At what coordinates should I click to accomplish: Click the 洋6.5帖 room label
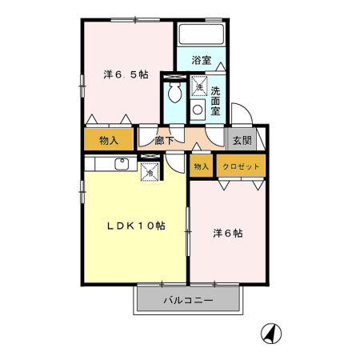click(x=126, y=74)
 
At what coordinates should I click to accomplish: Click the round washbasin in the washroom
click(x=196, y=110)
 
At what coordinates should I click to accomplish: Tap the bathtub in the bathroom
click(x=200, y=34)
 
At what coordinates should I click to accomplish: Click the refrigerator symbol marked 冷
click(x=149, y=170)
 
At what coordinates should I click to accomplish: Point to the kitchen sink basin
click(x=122, y=164)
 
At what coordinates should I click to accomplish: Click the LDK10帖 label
click(x=136, y=226)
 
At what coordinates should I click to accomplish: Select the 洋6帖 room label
click(x=227, y=234)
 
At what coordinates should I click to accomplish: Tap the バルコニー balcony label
click(x=188, y=301)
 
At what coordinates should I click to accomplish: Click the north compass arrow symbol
click(x=272, y=332)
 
